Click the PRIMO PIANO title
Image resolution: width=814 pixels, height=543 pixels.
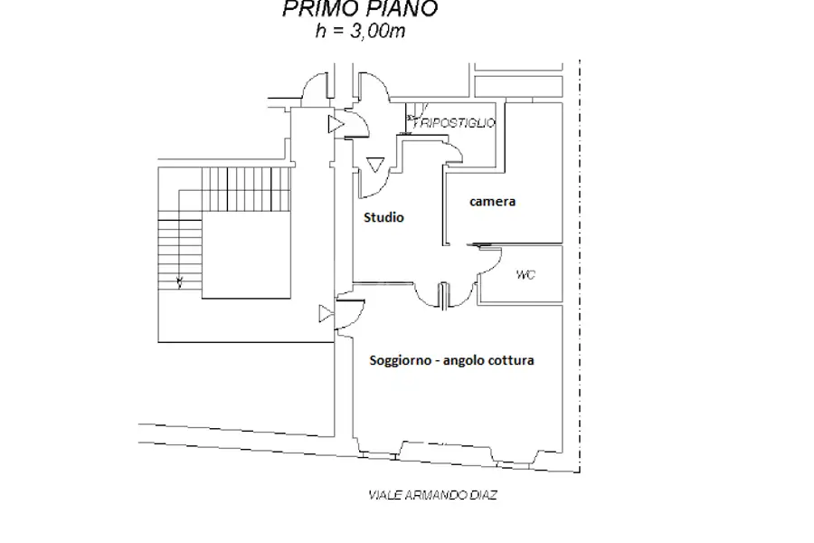point(360,9)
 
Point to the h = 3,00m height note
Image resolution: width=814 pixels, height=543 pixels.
point(360,31)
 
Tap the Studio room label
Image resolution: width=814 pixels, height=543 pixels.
point(383,217)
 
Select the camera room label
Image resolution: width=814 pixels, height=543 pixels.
point(492,202)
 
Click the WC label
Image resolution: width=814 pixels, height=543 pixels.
point(525,274)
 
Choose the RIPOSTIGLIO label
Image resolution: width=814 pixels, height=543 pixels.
point(455,123)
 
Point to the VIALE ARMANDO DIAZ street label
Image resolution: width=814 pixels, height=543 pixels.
point(432,495)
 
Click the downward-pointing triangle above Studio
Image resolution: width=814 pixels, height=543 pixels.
point(375,164)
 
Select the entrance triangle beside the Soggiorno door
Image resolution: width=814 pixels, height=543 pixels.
point(326,314)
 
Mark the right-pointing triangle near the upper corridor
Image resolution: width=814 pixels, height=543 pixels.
point(336,124)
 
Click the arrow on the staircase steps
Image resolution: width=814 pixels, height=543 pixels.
point(180,282)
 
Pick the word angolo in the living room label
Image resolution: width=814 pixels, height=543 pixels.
point(465,361)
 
